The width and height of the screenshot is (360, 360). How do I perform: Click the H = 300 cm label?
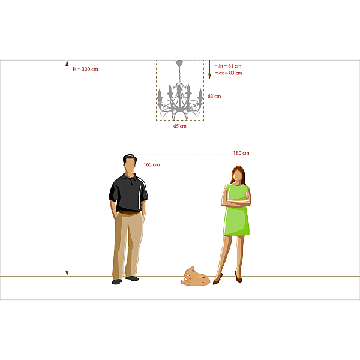pos(85,69)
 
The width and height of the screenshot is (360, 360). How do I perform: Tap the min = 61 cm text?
pos(228,66)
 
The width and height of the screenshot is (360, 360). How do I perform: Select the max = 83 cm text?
pos(228,73)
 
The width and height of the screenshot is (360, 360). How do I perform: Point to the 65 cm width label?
pos(180,126)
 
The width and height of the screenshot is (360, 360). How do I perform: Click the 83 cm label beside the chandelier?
pos(214,96)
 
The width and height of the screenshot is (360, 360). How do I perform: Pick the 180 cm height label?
pos(241,153)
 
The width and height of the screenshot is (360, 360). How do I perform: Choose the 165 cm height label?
pos(152,164)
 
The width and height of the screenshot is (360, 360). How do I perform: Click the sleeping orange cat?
pos(195,276)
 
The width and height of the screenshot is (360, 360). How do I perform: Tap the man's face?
pos(130,166)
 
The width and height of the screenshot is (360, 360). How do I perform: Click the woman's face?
pos(238,175)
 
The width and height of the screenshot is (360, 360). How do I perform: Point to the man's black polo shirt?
pos(128,193)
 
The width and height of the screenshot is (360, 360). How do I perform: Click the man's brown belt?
pos(129,212)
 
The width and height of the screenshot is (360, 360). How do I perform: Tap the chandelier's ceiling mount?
pos(179,62)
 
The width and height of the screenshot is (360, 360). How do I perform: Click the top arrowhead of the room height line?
pos(67,63)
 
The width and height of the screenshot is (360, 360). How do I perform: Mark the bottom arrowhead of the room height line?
pos(67,273)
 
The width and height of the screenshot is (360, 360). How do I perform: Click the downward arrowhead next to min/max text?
pos(209,76)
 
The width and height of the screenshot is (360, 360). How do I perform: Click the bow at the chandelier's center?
pos(180,87)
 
